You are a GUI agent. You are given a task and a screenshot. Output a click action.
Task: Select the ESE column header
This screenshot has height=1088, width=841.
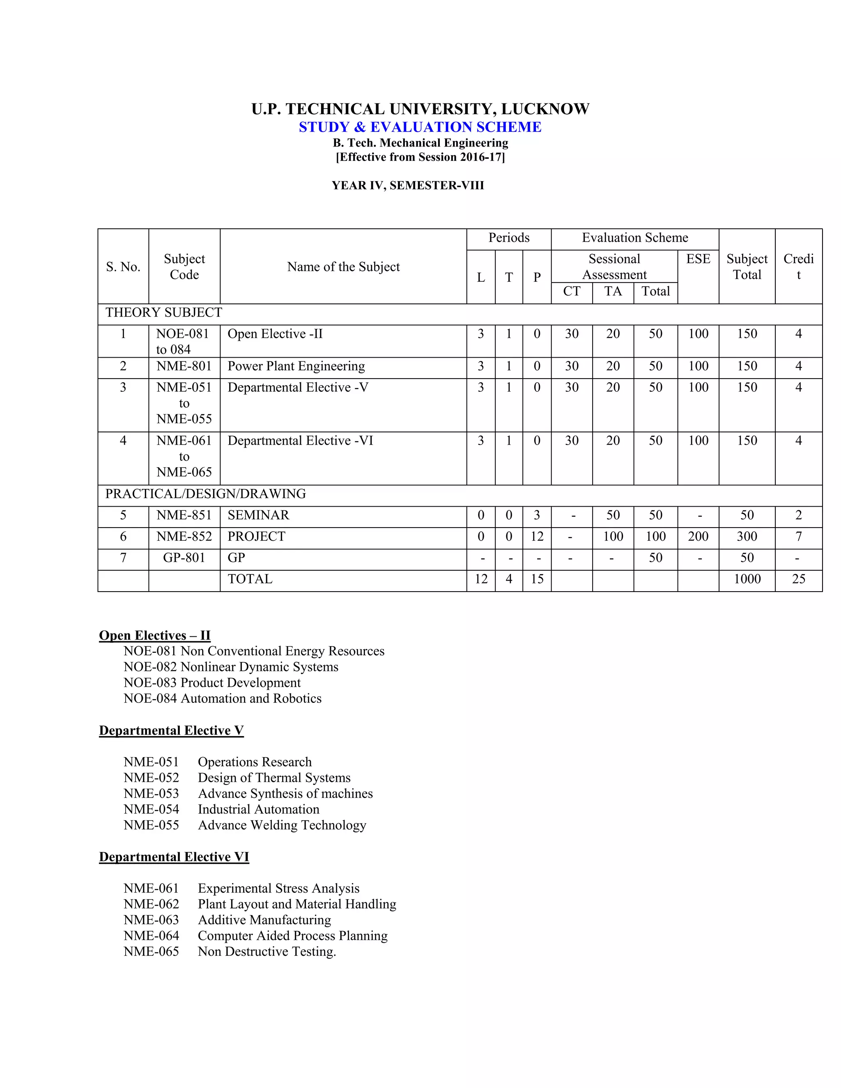pyautogui.click(x=698, y=259)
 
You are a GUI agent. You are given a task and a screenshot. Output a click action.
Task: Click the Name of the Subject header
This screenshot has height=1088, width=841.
pyautogui.click(x=343, y=267)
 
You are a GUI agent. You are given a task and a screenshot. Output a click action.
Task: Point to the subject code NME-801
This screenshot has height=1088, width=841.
pyautogui.click(x=184, y=366)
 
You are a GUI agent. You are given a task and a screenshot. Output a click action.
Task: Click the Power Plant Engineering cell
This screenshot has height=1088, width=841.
pyautogui.click(x=296, y=366)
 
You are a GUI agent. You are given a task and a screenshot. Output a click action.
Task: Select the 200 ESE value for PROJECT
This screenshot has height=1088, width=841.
pyautogui.click(x=698, y=537)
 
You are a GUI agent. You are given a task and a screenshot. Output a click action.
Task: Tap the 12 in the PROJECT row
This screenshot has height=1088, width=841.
pyautogui.click(x=537, y=537)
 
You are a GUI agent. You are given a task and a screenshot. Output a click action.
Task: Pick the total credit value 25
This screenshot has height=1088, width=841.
pyautogui.click(x=798, y=579)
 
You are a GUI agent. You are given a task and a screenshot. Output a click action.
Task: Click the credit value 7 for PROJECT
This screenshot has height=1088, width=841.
pyautogui.click(x=798, y=537)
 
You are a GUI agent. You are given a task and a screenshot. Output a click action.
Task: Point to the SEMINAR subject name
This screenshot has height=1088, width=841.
pyautogui.click(x=258, y=515)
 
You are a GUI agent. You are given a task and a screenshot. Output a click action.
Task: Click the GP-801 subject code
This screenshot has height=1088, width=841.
pyautogui.click(x=184, y=558)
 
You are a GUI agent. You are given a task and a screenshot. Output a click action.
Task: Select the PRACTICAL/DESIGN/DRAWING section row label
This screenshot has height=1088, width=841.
pyautogui.click(x=205, y=494)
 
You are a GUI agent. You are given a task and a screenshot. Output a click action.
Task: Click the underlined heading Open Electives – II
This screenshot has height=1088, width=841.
pyautogui.click(x=154, y=636)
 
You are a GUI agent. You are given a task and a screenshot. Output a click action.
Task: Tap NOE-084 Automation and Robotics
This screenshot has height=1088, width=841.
pyautogui.click(x=222, y=698)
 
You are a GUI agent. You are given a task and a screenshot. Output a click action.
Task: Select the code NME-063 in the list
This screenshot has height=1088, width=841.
pyautogui.click(x=151, y=920)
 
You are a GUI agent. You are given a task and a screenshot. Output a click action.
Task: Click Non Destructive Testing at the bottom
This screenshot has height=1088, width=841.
pyautogui.click(x=267, y=952)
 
